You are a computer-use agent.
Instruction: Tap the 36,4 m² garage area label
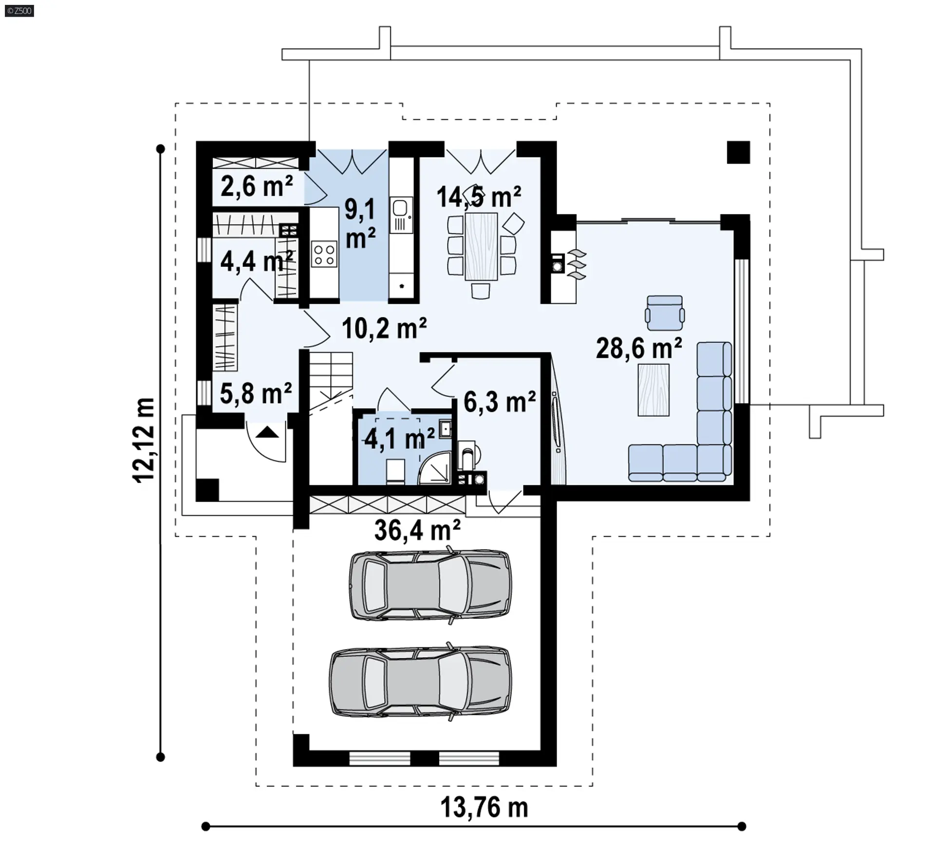coord(417,530)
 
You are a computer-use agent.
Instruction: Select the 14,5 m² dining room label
coord(479,197)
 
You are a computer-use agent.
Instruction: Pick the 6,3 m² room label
coord(500,402)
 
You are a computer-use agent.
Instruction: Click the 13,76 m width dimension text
coord(484,807)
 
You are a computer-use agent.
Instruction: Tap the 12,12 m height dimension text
coord(144,440)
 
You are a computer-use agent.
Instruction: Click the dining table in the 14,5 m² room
coord(481,246)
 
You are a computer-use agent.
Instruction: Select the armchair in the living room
coord(665,313)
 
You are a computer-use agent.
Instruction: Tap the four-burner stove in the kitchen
coord(324,254)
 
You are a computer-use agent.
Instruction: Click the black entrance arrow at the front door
coord(267,432)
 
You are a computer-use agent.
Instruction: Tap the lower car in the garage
coord(421,681)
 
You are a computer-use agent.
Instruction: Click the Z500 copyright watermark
coord(19,10)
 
